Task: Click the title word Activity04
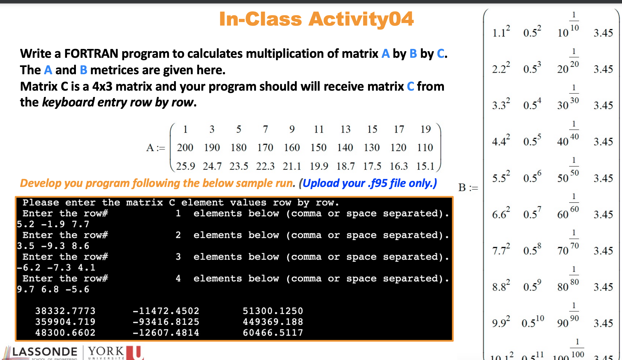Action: [x=361, y=19]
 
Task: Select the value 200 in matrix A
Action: [x=185, y=147]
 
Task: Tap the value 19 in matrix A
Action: [x=426, y=129]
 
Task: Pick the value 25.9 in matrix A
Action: [x=185, y=166]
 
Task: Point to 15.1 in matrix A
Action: [x=425, y=166]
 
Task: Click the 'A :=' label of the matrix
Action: [x=156, y=147]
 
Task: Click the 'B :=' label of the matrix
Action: [x=468, y=188]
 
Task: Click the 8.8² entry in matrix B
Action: [x=501, y=286]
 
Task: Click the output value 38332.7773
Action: [x=65, y=311]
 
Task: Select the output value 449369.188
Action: [x=273, y=322]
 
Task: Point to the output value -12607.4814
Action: [x=166, y=333]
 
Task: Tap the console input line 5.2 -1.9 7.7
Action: [x=53, y=224]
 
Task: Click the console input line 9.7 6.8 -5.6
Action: [x=53, y=289]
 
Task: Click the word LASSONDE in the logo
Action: [x=45, y=352]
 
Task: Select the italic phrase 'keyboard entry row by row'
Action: [x=118, y=102]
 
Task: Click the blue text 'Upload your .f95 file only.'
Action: [x=369, y=183]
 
